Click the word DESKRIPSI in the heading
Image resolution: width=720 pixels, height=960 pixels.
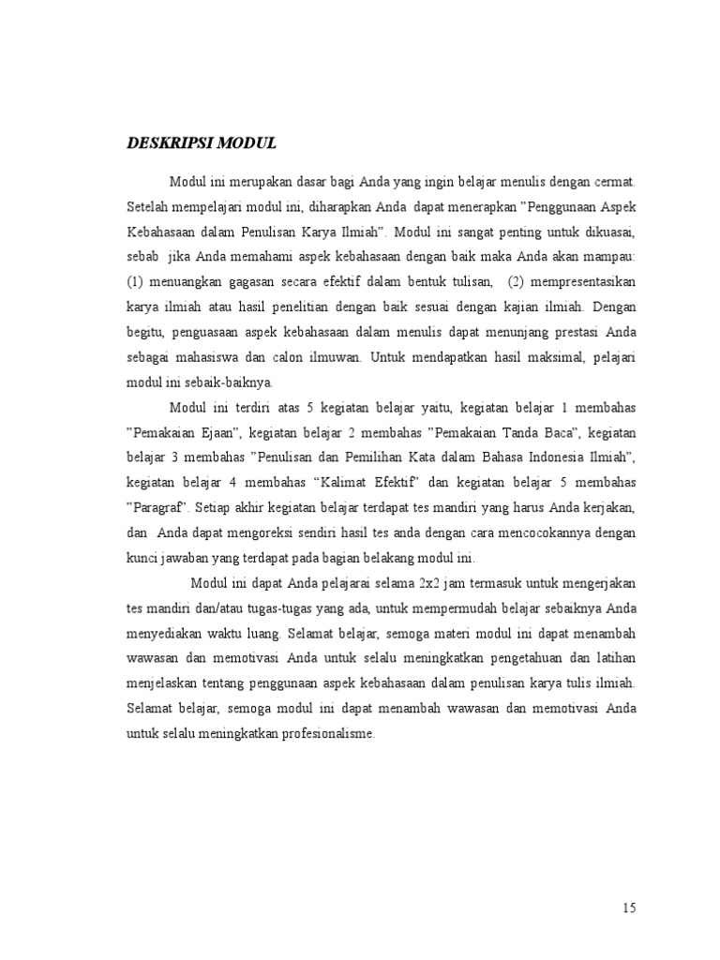click(x=169, y=143)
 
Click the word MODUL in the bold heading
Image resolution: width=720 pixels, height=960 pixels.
click(x=247, y=143)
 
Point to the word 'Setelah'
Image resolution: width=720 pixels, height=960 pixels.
click(x=149, y=205)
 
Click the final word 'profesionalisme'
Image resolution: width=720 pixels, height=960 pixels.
click(x=317, y=735)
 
